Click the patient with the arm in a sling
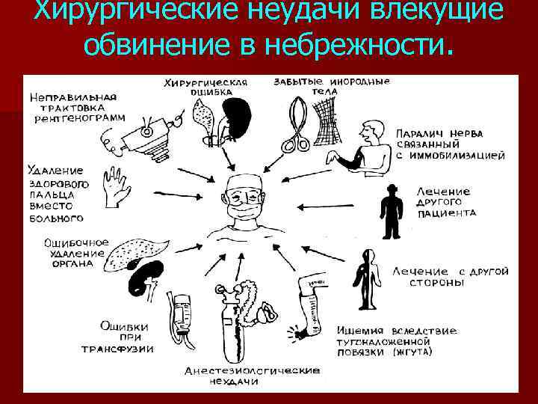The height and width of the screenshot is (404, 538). pos(366,150)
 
